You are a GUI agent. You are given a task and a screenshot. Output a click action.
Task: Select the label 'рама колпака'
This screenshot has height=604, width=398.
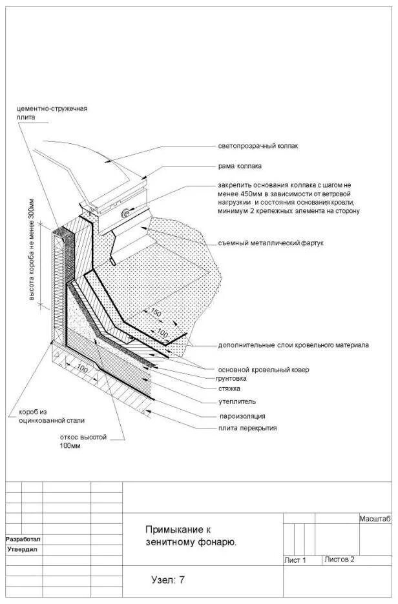click(x=240, y=166)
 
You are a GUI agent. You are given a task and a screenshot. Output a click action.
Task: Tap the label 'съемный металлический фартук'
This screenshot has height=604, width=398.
click(x=270, y=243)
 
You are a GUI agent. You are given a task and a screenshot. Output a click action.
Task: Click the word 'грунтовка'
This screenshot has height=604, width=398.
click(x=236, y=379)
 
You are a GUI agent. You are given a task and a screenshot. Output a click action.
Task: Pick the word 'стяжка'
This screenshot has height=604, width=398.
click(x=229, y=389)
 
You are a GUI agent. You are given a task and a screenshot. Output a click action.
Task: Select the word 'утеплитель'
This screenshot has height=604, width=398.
click(x=236, y=401)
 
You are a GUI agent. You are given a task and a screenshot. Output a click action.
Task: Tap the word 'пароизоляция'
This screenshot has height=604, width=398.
click(x=242, y=416)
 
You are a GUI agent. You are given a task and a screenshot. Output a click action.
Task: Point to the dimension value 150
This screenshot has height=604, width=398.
click(x=155, y=314)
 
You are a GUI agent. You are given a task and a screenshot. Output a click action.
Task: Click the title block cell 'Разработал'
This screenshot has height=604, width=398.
click(x=23, y=539)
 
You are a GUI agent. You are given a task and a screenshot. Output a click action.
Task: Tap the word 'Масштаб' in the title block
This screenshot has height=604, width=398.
click(x=375, y=519)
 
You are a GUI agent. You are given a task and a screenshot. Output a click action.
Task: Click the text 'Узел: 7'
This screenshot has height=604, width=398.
click(x=168, y=580)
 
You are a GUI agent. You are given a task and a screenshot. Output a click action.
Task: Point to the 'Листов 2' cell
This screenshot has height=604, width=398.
click(x=339, y=559)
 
